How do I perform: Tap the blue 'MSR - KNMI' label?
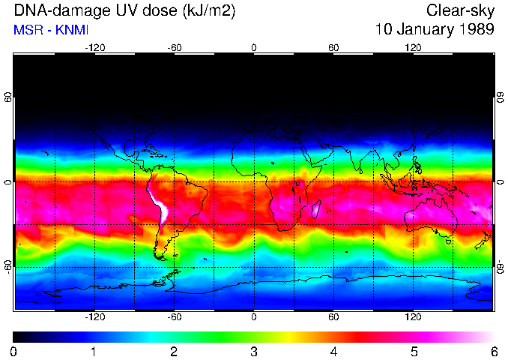point(51,30)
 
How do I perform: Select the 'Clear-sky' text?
point(460,11)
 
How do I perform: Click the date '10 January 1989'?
point(435,30)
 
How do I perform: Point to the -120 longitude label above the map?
point(94,48)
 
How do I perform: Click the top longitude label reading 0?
point(254,48)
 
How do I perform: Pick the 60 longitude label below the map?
point(333,316)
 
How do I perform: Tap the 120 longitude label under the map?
point(413,316)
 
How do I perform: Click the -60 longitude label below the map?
point(174,316)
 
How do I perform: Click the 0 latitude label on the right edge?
point(501,182)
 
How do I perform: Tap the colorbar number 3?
point(253,351)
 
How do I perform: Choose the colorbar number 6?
point(493,351)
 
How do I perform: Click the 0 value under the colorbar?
point(14,351)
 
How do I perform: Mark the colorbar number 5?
point(413,351)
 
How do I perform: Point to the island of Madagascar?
point(316,208)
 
